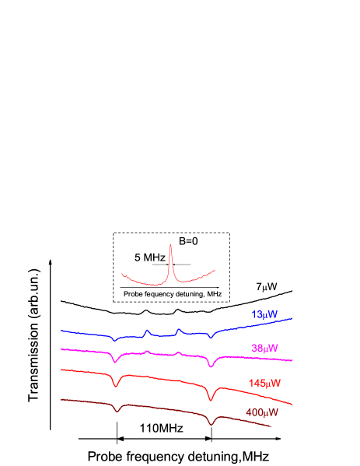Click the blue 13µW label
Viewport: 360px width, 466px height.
264,315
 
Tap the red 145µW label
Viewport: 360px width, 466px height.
264,383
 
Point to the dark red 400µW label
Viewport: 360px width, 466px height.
261,412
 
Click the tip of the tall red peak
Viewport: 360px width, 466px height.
170,244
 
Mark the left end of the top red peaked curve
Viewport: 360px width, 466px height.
121,274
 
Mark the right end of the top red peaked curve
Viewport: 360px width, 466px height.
214,271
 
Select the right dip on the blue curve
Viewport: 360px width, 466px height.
210,338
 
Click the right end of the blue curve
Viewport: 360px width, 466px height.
292,318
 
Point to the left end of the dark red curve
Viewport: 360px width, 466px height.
61,400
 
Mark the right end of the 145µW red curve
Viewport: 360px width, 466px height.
292,405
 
